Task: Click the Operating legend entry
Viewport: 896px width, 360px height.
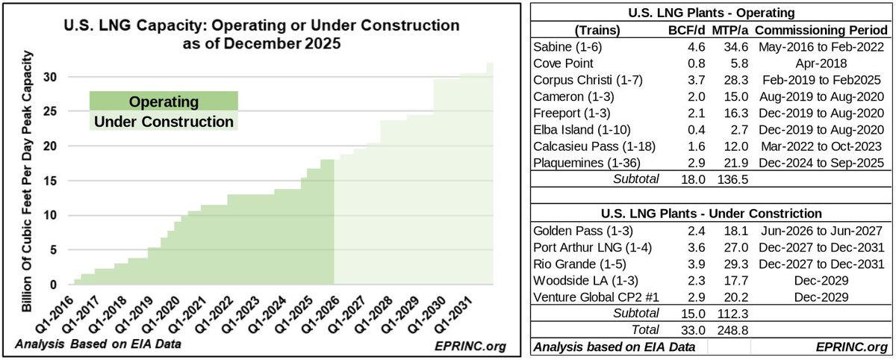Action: [164, 102]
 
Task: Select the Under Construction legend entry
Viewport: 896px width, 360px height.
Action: [164, 121]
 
